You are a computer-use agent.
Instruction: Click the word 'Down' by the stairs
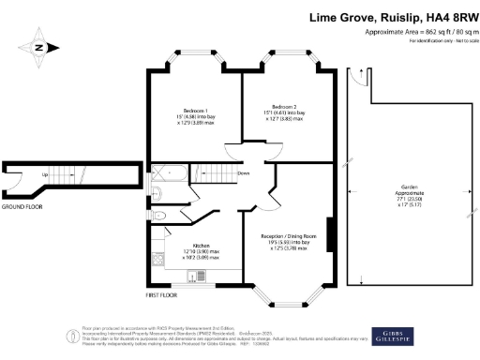coord(243,172)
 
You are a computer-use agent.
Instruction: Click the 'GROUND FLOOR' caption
coord(21,205)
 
